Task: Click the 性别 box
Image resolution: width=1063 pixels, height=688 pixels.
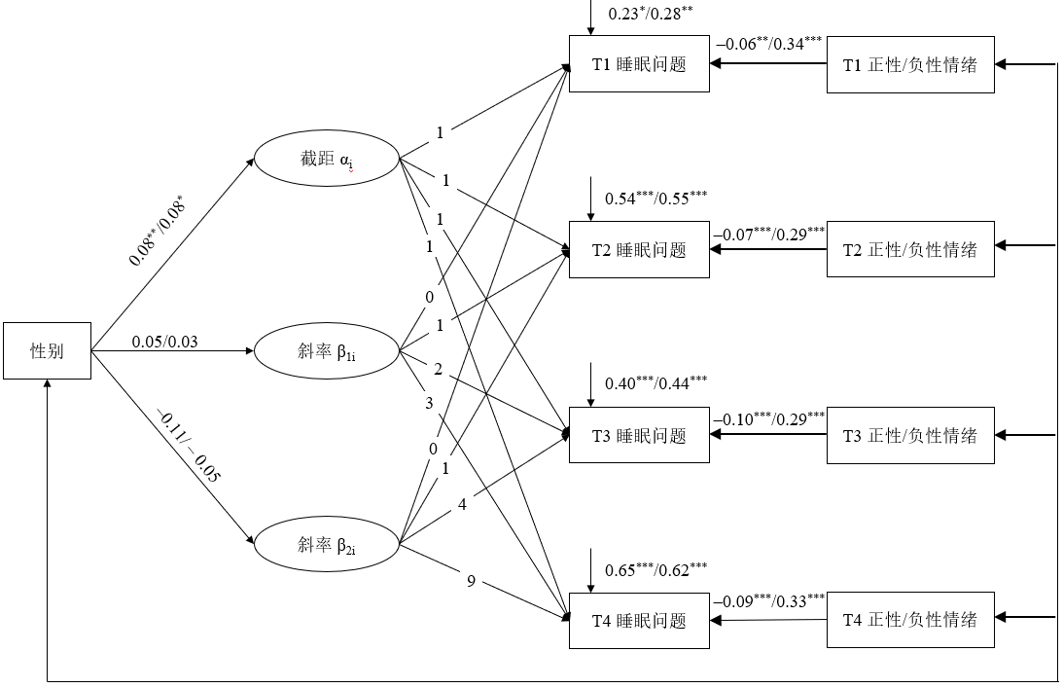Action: tap(47, 350)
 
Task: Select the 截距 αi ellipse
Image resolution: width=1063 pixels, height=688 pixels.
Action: tap(326, 160)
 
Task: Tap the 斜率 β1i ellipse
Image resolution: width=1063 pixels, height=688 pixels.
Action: tap(326, 350)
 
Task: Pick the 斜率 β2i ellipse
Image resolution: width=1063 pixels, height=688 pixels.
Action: tap(326, 544)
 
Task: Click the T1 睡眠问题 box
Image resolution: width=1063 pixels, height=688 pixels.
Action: tap(639, 65)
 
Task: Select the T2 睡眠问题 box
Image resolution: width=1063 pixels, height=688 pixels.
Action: tap(639, 250)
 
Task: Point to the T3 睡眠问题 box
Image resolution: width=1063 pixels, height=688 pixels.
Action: tap(639, 435)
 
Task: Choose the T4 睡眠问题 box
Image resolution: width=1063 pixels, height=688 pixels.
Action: tap(639, 620)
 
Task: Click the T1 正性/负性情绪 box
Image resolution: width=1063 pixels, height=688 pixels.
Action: tap(909, 65)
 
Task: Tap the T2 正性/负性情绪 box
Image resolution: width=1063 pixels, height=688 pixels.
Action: tap(909, 250)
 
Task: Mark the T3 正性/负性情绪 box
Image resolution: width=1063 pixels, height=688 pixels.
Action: tap(909, 435)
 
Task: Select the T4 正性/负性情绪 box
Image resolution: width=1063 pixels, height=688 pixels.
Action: tap(909, 620)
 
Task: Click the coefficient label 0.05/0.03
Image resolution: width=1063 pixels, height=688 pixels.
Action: tap(166, 340)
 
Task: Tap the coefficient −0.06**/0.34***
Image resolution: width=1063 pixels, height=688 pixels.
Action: tap(768, 43)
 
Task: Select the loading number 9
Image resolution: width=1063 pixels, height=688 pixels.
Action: tap(471, 582)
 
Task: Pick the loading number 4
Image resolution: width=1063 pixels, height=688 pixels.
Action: tap(462, 505)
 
